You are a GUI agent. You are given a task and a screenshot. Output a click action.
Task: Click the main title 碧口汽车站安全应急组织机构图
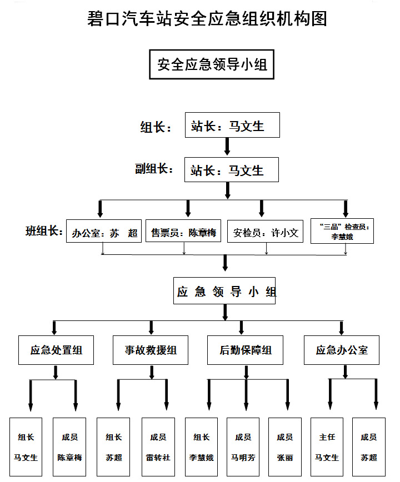click(207, 19)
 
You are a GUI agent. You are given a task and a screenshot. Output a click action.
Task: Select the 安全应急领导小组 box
click(212, 64)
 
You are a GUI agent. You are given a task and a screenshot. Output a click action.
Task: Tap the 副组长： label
click(154, 169)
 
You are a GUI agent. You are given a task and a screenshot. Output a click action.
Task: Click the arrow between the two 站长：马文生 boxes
click(227, 147)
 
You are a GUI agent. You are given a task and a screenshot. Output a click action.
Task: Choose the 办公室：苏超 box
click(105, 233)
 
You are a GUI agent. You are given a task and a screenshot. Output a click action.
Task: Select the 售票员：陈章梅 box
click(183, 233)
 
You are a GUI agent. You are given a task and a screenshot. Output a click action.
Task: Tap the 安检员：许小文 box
click(266, 233)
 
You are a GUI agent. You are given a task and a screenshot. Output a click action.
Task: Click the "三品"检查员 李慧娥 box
click(342, 231)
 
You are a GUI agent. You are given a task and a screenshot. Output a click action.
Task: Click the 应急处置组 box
click(56, 350)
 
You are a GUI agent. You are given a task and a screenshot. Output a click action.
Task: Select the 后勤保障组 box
click(246, 350)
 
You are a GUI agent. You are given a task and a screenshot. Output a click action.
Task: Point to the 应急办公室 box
click(341, 350)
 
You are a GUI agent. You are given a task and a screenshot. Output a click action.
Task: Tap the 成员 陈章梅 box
click(69, 447)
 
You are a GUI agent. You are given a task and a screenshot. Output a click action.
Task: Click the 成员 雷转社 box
click(157, 447)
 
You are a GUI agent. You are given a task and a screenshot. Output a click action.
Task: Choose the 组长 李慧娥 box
click(201, 447)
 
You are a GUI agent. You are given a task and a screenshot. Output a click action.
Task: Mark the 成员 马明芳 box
click(243, 447)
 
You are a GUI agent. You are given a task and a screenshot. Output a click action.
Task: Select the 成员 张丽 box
click(284, 447)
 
